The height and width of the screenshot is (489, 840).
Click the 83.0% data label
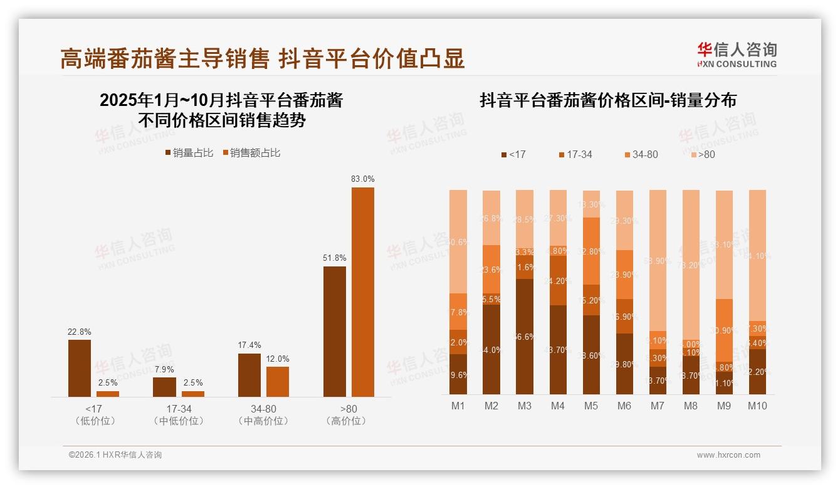point(362,179)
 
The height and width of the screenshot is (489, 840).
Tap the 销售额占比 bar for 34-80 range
point(278,381)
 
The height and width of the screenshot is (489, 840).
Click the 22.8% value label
point(79,332)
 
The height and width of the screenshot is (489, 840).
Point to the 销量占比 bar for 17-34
point(164,387)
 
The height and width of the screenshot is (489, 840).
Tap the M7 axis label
point(657,406)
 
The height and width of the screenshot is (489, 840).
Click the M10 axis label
point(757,406)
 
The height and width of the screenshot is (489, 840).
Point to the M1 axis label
point(458,406)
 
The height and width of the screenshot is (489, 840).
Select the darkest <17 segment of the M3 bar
point(525,336)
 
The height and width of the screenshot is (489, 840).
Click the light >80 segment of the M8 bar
point(691,263)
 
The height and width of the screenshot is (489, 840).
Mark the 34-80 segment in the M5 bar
point(591,250)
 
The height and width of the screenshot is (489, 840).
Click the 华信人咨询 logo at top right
point(737,55)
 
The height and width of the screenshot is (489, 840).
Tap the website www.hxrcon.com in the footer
point(728,455)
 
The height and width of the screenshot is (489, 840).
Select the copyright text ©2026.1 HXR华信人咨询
point(115,455)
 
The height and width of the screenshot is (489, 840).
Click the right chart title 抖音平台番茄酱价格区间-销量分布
point(607,100)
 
